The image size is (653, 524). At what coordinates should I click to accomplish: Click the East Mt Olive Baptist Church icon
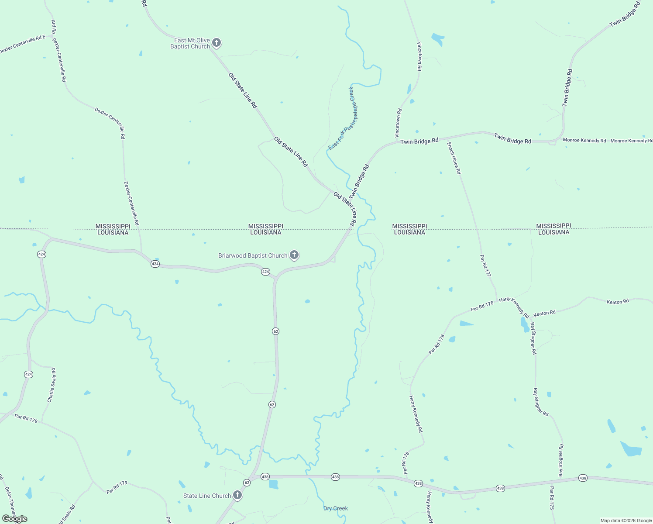(x=216, y=43)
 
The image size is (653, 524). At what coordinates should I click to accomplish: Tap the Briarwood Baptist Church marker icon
(x=294, y=255)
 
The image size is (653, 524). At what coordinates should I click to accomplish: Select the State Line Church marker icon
(x=237, y=495)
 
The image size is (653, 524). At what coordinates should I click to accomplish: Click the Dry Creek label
(x=335, y=508)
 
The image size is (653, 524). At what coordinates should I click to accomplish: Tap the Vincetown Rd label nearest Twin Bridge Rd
(x=399, y=123)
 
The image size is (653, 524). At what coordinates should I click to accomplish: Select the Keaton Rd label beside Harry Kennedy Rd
(x=545, y=313)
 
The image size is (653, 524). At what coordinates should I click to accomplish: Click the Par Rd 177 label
(x=485, y=265)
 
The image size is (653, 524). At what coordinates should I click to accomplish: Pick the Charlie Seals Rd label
(x=52, y=385)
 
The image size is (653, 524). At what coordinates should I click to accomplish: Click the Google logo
(x=15, y=519)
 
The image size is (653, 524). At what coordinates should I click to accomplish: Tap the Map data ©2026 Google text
(x=626, y=521)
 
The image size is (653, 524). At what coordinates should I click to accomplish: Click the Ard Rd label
(x=54, y=27)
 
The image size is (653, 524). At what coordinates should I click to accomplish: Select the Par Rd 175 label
(x=552, y=498)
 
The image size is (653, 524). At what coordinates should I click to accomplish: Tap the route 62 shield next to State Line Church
(x=247, y=483)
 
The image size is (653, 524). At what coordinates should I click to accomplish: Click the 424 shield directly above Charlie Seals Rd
(x=28, y=374)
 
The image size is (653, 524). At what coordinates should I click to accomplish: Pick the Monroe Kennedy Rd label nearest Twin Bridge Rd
(x=584, y=141)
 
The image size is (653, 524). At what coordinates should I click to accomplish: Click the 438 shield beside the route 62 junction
(x=265, y=477)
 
